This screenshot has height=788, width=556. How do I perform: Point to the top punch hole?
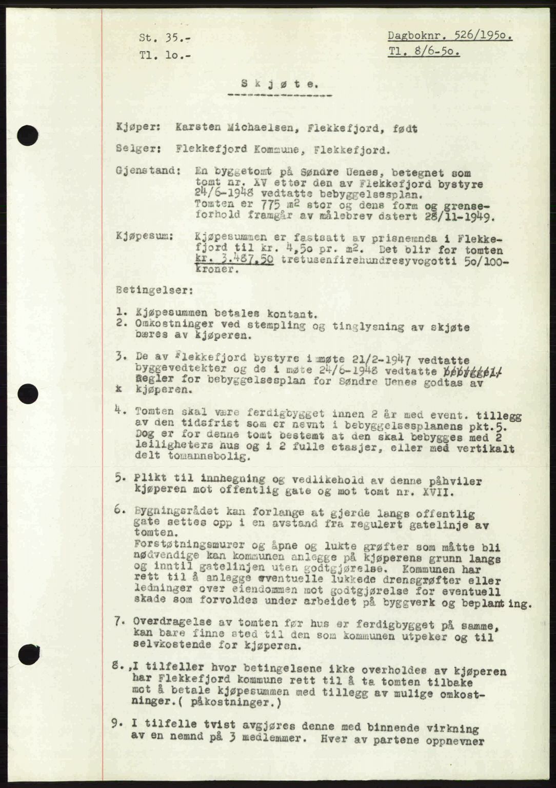tap(28, 135)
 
